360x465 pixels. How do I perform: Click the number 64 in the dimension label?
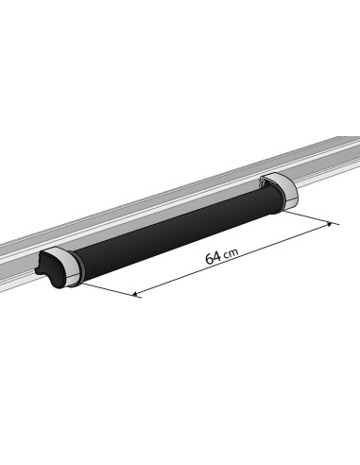coord(213,257)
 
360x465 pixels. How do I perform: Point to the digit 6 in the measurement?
coord(208,259)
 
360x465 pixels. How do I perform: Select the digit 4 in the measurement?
coord(217,255)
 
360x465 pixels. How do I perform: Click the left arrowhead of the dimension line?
coord(138,294)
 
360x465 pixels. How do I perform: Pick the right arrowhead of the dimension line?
coord(331,224)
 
